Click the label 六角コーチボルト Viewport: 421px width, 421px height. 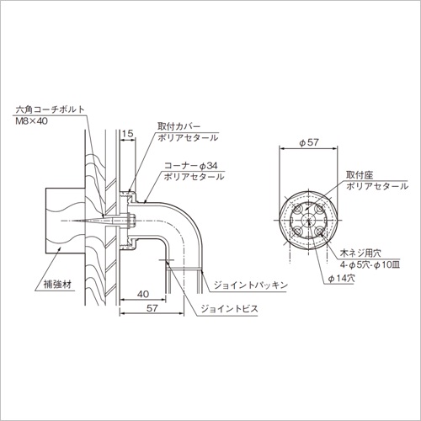point(51,109)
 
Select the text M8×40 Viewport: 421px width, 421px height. point(31,121)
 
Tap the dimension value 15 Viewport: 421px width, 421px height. point(128,133)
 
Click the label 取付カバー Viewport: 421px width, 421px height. point(179,126)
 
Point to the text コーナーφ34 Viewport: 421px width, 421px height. point(191,166)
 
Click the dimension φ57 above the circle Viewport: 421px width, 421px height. point(309,142)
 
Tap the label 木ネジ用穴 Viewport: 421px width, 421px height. point(360,253)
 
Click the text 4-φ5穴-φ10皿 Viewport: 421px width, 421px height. point(370,264)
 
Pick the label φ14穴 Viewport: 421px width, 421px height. point(341,279)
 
